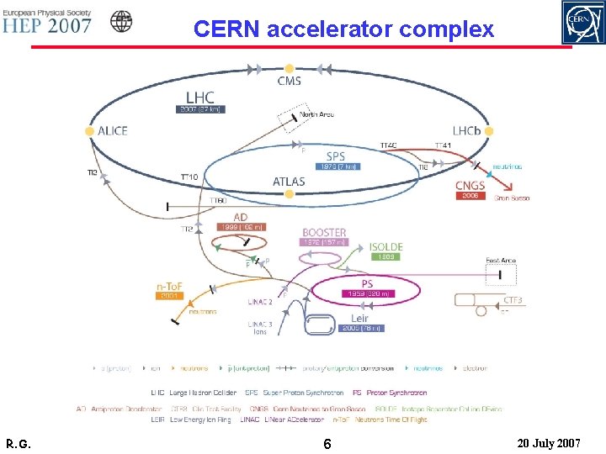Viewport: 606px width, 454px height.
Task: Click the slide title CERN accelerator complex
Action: (343, 29)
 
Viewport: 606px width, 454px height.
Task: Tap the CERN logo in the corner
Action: (582, 22)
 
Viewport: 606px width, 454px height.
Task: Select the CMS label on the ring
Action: (290, 82)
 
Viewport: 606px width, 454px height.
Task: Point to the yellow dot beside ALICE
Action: (89, 131)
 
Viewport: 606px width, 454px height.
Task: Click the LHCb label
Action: (468, 131)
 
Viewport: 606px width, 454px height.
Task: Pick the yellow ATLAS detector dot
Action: (289, 194)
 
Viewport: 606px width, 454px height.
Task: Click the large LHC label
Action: (199, 98)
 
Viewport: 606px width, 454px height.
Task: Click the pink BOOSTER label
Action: (324, 232)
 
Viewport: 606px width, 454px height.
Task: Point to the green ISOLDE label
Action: (386, 247)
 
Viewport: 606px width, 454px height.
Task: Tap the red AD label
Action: (241, 217)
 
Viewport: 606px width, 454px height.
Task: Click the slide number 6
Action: (327, 442)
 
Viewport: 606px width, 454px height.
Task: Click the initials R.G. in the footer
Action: (18, 442)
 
